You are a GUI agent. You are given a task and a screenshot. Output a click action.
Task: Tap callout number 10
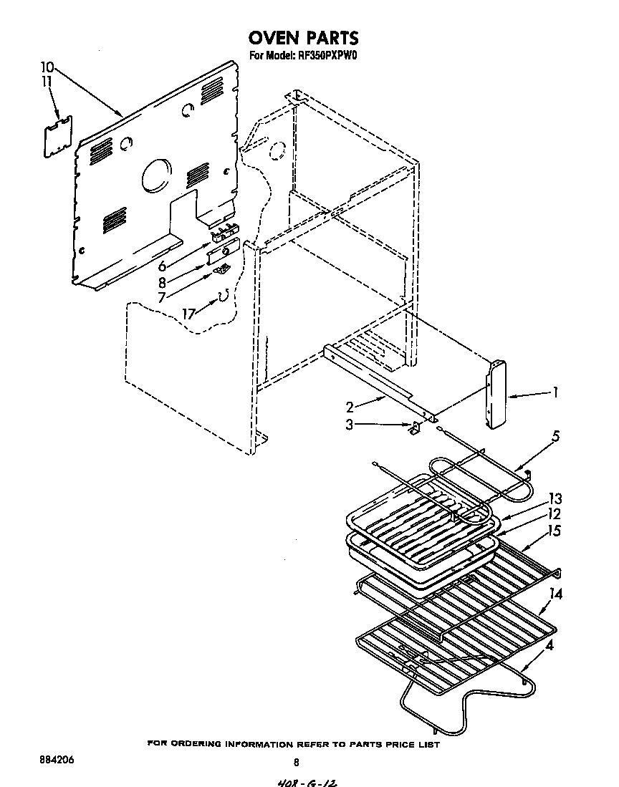click(x=47, y=69)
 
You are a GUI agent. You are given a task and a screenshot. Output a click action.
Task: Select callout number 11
click(x=47, y=82)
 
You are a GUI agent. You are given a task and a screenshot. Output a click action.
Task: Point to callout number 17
click(x=188, y=313)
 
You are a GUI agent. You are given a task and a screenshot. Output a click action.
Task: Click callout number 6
click(x=163, y=266)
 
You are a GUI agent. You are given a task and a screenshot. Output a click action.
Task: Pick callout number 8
click(x=163, y=282)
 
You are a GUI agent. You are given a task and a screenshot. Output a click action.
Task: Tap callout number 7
click(x=163, y=296)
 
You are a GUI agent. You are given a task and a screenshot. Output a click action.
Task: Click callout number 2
click(x=350, y=407)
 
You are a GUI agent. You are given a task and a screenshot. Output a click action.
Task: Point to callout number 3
click(x=350, y=425)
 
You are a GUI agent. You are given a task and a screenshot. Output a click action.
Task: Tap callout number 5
click(x=555, y=435)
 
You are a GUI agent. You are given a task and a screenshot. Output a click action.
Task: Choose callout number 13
click(x=555, y=499)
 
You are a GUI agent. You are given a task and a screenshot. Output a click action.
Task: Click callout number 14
click(x=555, y=594)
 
